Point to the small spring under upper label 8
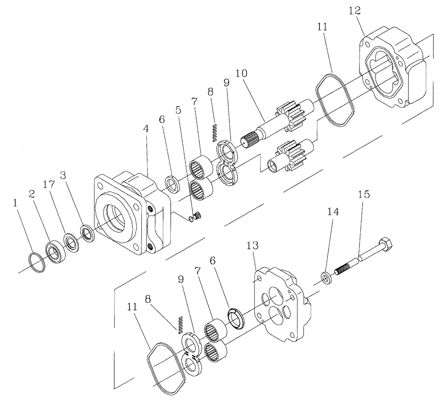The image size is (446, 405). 215,132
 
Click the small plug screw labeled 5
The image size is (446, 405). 199,216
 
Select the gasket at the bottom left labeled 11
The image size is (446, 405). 165,368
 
